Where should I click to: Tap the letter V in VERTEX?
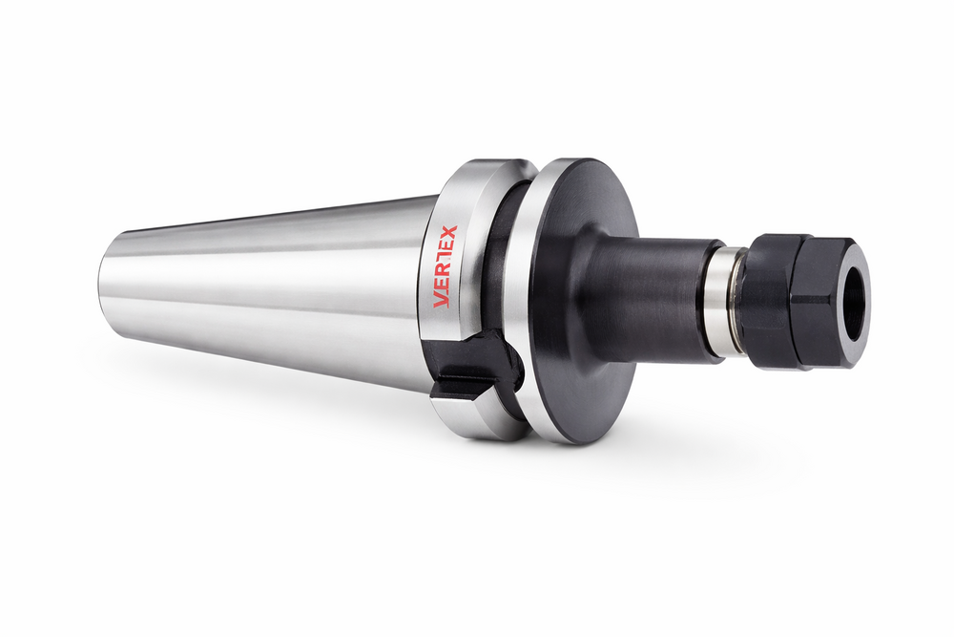[x=443, y=301]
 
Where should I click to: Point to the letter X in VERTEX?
[x=451, y=233]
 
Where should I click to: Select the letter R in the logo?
[x=446, y=273]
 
